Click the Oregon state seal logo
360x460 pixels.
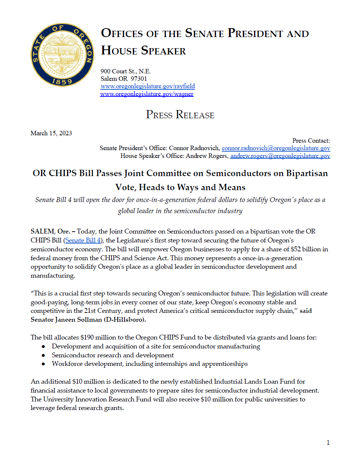pyautogui.click(x=62, y=55)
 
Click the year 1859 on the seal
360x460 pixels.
pyautogui.click(x=62, y=81)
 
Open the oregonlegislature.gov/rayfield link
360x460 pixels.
pyautogui.click(x=147, y=86)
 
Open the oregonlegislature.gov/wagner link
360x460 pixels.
pyautogui.click(x=147, y=94)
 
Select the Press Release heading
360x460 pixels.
pyautogui.click(x=180, y=115)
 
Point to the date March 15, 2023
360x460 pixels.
pyautogui.click(x=51, y=133)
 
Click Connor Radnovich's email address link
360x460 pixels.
pyautogui.click(x=276, y=148)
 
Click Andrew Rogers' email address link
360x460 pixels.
pyautogui.click(x=280, y=156)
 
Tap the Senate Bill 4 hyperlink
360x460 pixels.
pyautogui.click(x=83, y=240)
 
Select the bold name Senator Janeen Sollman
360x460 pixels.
pyautogui.click(x=66, y=320)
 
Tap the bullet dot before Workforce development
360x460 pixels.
pyautogui.click(x=43, y=364)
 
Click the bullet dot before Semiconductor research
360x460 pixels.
pyautogui.click(x=43, y=355)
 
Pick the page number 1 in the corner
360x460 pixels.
pyautogui.click(x=328, y=443)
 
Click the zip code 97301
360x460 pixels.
pyautogui.click(x=139, y=79)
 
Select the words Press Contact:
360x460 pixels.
pyautogui.click(x=311, y=140)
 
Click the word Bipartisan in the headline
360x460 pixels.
pyautogui.click(x=307, y=173)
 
